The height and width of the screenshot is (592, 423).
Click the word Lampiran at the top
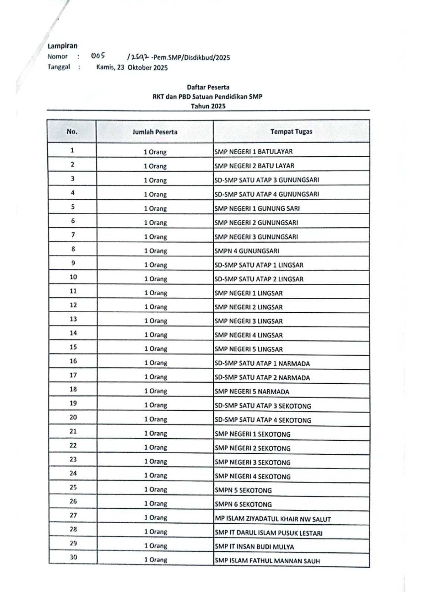click(62, 46)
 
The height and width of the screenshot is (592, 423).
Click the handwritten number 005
click(98, 56)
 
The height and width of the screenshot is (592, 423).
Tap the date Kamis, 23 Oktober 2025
click(132, 68)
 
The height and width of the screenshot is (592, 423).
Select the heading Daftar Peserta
click(208, 87)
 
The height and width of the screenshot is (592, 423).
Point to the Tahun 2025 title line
click(208, 106)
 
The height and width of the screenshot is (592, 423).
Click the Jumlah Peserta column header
click(155, 132)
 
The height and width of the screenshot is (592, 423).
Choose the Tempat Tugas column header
click(291, 131)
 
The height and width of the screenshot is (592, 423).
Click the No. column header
click(72, 131)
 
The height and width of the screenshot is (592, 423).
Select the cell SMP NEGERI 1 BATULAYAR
click(254, 152)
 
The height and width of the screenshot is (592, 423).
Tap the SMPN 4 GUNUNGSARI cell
click(247, 251)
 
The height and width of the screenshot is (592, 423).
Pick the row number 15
click(73, 347)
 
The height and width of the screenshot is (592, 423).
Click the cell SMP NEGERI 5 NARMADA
click(252, 391)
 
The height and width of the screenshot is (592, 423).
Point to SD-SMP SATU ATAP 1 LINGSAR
click(259, 265)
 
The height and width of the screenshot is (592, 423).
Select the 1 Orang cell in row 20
click(156, 419)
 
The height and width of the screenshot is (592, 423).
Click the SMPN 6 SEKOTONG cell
click(243, 504)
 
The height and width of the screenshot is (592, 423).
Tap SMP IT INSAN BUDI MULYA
click(255, 546)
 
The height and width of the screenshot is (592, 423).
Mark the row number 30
click(74, 557)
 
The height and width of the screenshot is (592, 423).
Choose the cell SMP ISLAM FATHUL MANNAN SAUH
click(267, 561)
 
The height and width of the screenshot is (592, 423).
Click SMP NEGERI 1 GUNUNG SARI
click(257, 208)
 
